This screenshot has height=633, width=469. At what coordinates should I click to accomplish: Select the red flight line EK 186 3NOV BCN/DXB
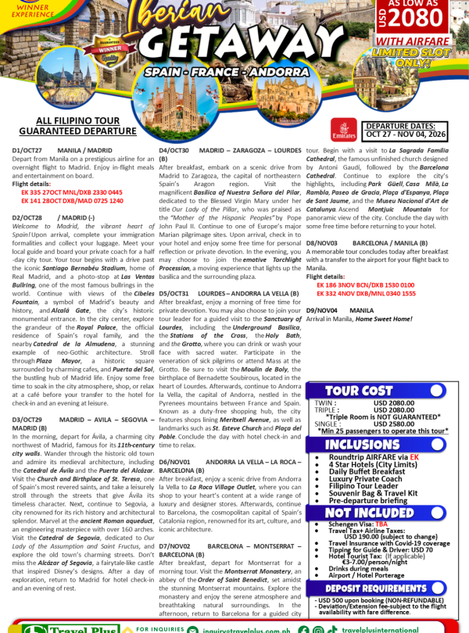click(x=367, y=284)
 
